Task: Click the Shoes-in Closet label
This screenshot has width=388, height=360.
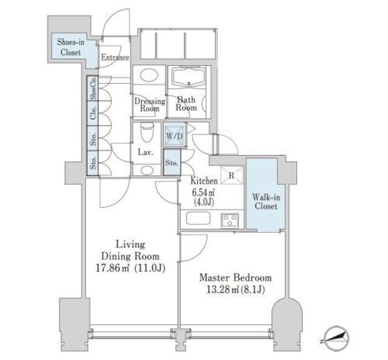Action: [71, 47]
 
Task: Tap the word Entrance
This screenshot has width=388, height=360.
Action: [115, 57]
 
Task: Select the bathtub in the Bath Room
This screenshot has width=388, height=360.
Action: [189, 77]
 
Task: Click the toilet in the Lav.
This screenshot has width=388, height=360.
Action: [147, 132]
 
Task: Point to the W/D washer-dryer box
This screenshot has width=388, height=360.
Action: [175, 135]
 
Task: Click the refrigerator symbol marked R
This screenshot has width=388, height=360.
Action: [232, 175]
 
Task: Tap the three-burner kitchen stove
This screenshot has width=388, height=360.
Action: [230, 220]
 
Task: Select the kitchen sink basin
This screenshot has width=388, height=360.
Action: [198, 219]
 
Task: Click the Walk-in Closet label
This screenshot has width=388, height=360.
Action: [266, 202]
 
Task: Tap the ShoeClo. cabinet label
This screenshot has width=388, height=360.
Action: [93, 88]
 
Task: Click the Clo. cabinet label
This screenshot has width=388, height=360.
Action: [93, 112]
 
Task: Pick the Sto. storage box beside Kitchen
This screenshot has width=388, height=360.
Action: [171, 163]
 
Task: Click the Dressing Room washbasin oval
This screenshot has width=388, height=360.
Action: [149, 75]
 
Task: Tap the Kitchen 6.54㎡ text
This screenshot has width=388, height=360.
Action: [204, 192]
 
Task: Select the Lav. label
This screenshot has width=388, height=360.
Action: [145, 152]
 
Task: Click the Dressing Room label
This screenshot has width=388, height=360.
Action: [150, 105]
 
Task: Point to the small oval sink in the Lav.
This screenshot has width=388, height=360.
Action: [147, 170]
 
